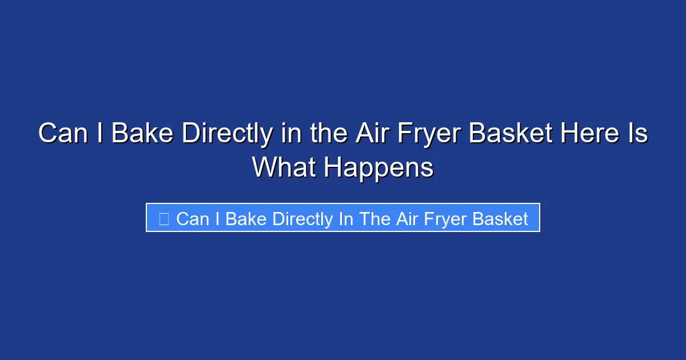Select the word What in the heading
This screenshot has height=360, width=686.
click(x=284, y=168)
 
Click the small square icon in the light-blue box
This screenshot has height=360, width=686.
click(x=163, y=219)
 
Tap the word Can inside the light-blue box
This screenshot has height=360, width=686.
click(x=193, y=219)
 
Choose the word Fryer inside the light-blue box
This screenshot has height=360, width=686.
click(x=447, y=219)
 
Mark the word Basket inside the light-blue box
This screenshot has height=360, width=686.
click(x=501, y=219)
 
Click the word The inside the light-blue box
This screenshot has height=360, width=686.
click(x=374, y=219)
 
